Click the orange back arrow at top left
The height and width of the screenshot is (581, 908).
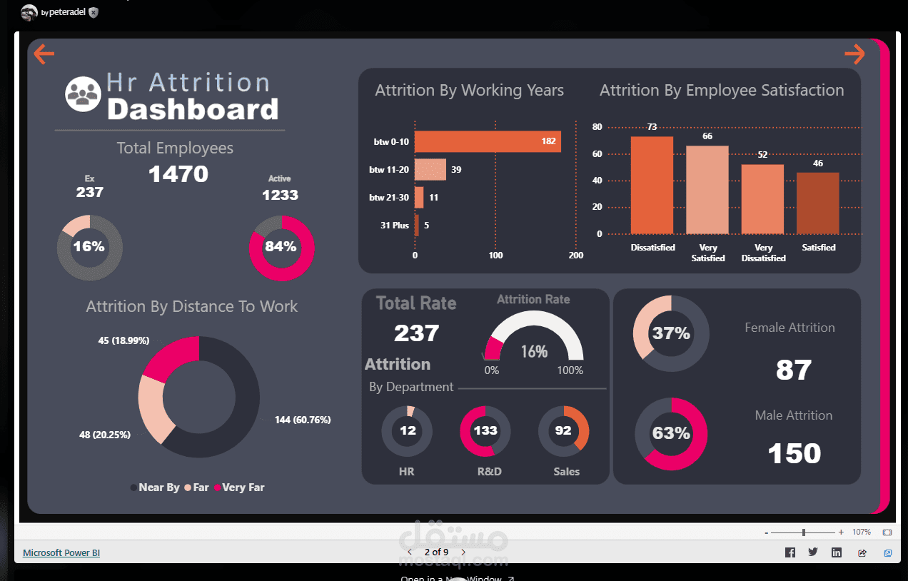point(44,54)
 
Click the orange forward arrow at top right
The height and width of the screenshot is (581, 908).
point(854,54)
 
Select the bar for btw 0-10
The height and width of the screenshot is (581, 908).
point(488,141)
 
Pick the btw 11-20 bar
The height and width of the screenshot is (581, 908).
point(430,169)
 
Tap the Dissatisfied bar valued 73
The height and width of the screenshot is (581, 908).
point(652,185)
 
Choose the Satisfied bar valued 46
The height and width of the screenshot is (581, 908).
point(817,203)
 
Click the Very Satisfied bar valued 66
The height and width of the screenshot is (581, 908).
point(707,190)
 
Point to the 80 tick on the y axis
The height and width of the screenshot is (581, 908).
point(597,127)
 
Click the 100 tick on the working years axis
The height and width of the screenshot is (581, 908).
point(495,256)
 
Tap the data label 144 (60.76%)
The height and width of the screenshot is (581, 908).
point(303,420)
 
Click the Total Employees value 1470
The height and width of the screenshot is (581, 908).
point(178,173)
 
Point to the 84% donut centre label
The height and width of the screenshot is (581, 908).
point(281,247)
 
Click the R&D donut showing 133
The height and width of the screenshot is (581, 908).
point(485,430)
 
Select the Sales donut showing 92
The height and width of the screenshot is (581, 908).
point(563,430)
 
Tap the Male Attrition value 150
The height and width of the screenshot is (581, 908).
point(794,453)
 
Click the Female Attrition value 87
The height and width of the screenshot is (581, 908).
point(794,370)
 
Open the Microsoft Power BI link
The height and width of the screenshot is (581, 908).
point(61,552)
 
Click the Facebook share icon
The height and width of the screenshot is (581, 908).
point(790,552)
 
